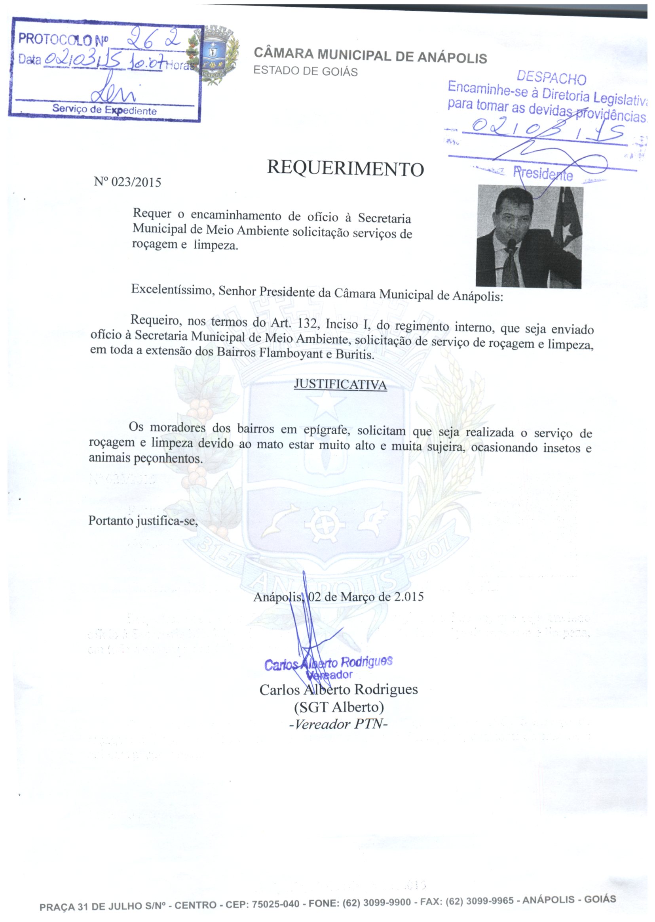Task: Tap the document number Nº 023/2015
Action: (127, 182)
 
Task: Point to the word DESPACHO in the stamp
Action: (551, 77)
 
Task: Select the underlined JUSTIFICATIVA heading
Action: (340, 384)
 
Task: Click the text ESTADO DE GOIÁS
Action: (305, 71)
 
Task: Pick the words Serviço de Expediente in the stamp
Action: (104, 110)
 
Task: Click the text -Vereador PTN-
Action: (338, 724)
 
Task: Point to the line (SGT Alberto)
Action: (339, 707)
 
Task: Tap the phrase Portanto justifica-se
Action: (143, 521)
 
